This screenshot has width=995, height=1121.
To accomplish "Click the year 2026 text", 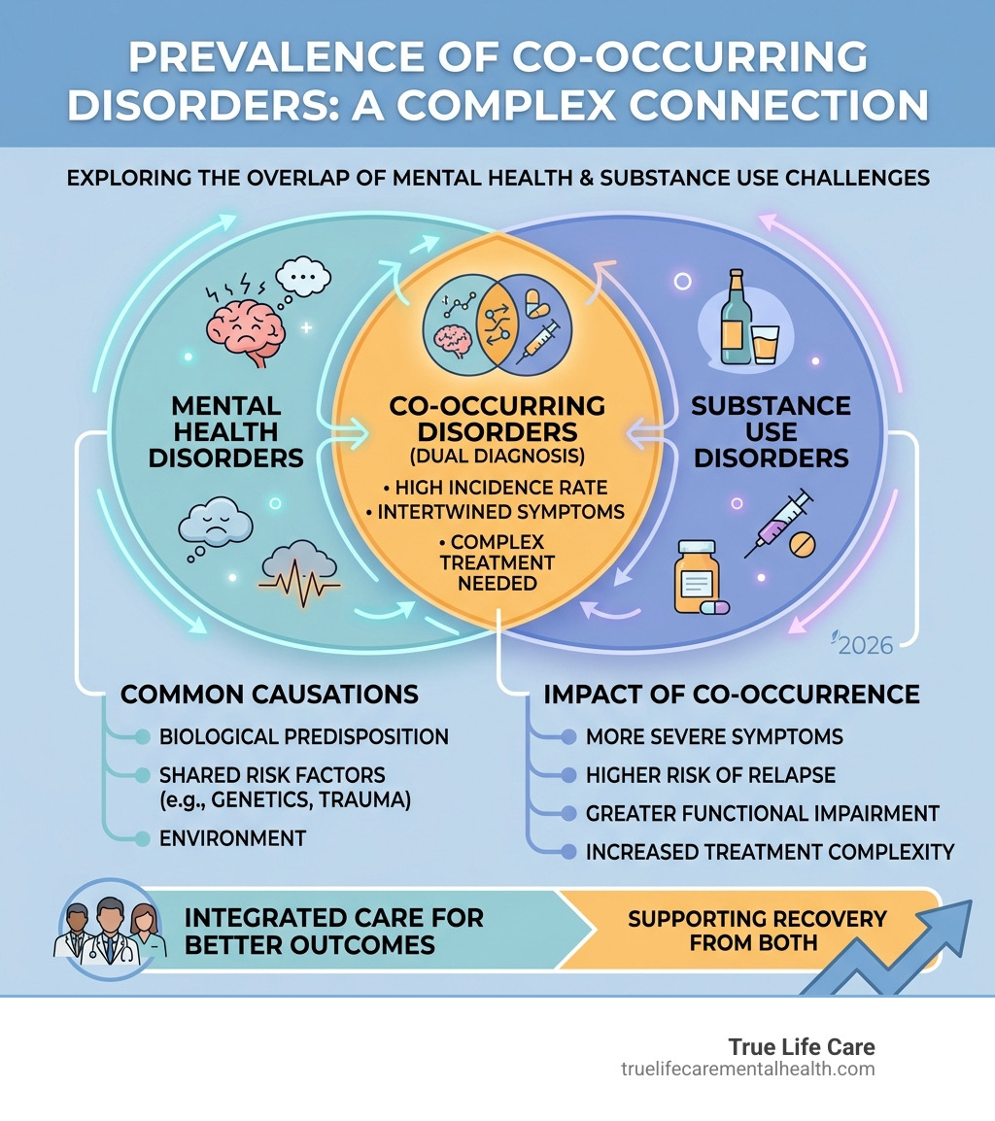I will pyautogui.click(x=865, y=645).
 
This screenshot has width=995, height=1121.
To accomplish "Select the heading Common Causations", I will pyautogui.click(x=269, y=695).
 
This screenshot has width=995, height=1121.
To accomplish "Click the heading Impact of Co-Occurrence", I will pyautogui.click(x=731, y=695).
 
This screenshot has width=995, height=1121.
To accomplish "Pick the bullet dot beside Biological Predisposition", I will pyautogui.click(x=142, y=736).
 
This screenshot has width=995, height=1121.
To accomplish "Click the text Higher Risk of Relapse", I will pyautogui.click(x=710, y=775).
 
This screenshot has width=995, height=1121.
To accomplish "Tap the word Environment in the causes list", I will pyautogui.click(x=232, y=837).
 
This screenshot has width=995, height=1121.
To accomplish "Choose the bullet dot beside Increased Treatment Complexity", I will pyautogui.click(x=567, y=852).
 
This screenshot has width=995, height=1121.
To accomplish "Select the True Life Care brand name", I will pyautogui.click(x=802, y=1047).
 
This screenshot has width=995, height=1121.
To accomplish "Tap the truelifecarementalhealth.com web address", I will pyautogui.click(x=747, y=1070).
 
